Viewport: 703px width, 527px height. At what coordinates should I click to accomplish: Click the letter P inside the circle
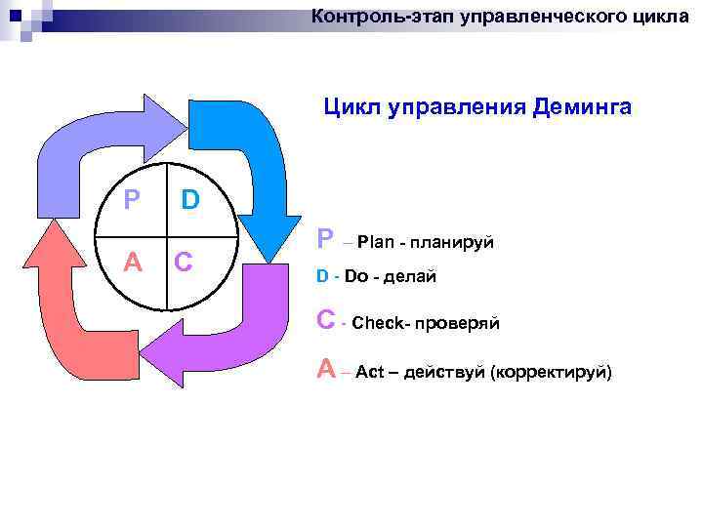tap(132, 200)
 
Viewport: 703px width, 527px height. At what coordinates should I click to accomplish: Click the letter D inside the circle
tap(190, 200)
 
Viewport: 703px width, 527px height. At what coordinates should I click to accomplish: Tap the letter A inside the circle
tap(132, 263)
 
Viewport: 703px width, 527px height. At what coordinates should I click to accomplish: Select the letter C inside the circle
tap(183, 263)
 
